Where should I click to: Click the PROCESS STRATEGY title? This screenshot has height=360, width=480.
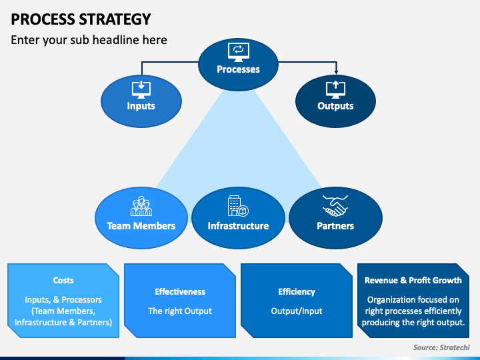click(x=81, y=19)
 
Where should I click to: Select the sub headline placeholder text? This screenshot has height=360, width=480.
click(x=89, y=40)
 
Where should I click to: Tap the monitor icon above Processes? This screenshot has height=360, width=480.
click(x=239, y=52)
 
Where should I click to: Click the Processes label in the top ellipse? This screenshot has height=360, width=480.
click(x=238, y=69)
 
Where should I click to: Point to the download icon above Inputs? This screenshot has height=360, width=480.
click(x=141, y=90)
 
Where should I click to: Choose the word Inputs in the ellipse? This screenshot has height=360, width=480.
click(x=141, y=106)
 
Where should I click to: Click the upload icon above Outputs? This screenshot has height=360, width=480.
click(x=335, y=90)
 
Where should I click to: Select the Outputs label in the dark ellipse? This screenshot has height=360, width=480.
click(x=335, y=106)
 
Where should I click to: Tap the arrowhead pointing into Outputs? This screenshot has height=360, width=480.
click(x=337, y=72)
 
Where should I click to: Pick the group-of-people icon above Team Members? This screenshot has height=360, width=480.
click(x=141, y=206)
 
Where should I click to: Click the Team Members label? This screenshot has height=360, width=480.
click(x=141, y=226)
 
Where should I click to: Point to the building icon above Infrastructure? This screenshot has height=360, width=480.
click(x=238, y=206)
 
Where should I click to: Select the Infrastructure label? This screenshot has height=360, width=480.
click(x=238, y=226)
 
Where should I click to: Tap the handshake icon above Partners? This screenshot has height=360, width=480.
click(x=335, y=206)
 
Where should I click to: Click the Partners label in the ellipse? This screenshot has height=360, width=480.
click(x=335, y=226)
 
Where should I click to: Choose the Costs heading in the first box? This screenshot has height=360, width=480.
click(x=63, y=281)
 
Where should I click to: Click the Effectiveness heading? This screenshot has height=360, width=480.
click(x=180, y=292)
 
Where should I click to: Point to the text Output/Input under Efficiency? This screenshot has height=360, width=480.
click(x=297, y=311)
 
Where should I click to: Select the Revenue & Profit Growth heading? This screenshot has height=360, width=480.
click(x=413, y=281)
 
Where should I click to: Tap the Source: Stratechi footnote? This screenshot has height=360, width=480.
click(x=441, y=347)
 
